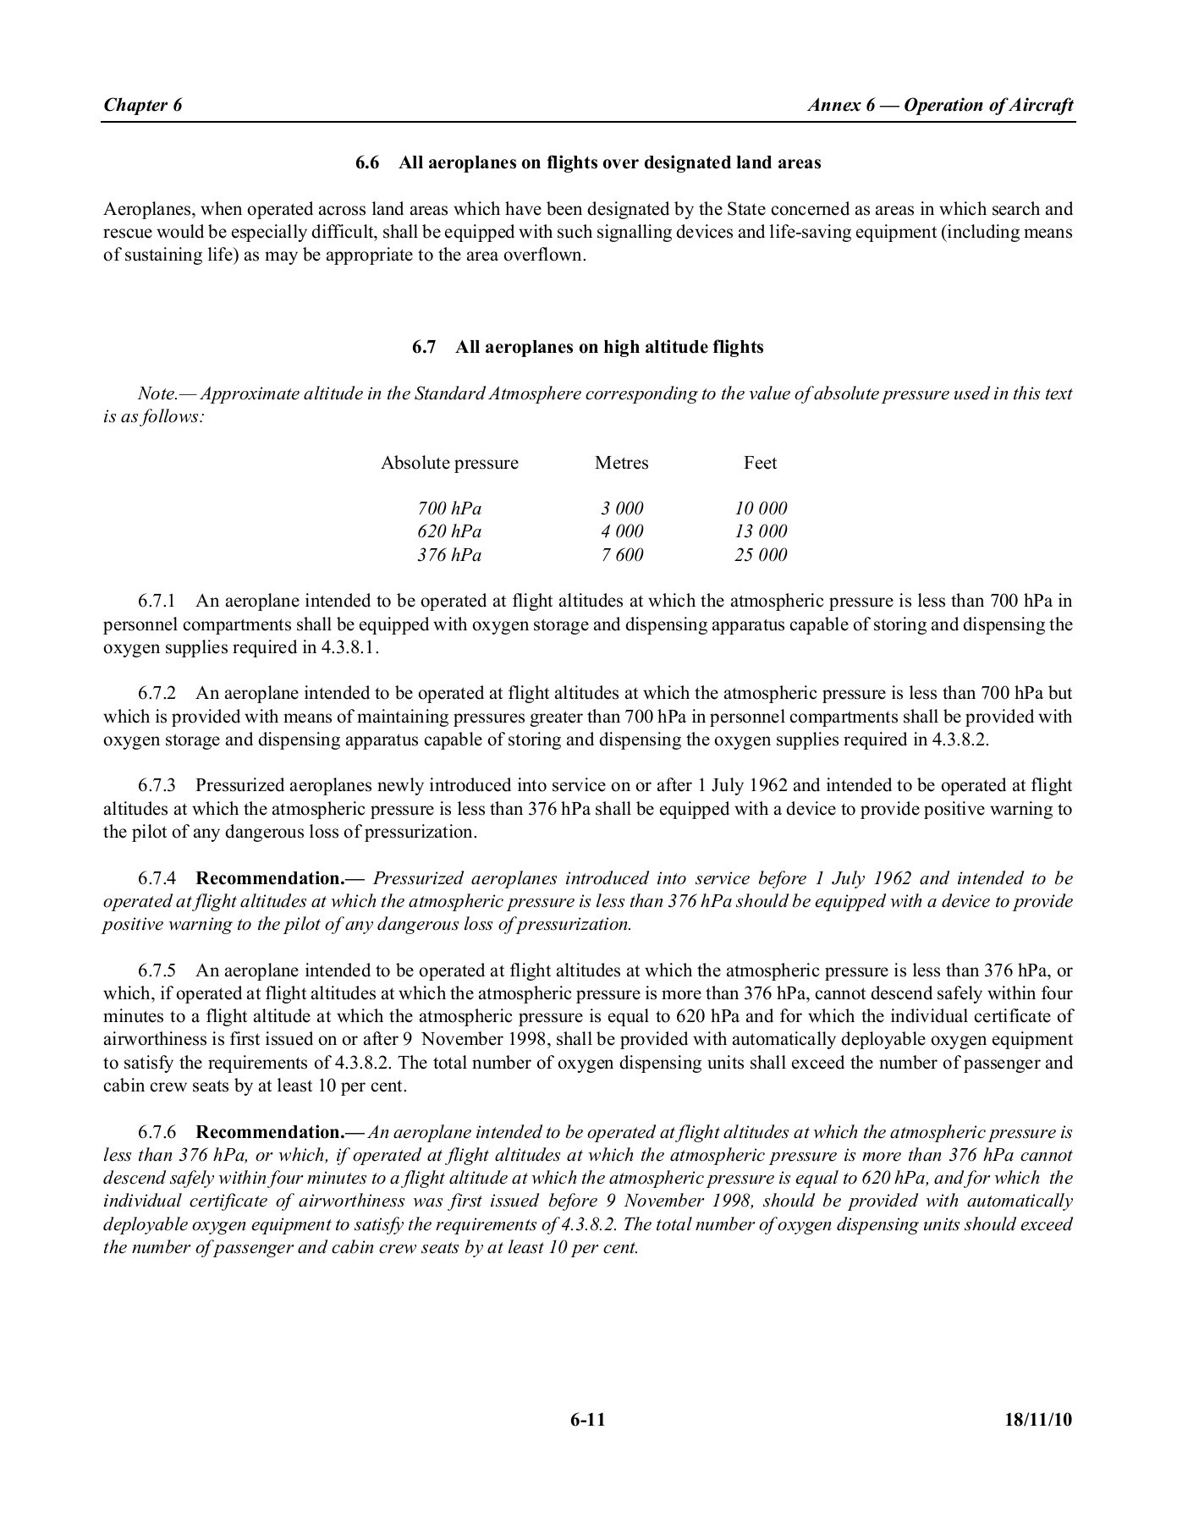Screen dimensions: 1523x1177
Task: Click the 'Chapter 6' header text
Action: pyautogui.click(x=142, y=105)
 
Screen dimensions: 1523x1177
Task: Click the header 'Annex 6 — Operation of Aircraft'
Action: pyautogui.click(x=940, y=105)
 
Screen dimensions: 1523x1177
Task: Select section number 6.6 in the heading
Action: pyautogui.click(x=366, y=162)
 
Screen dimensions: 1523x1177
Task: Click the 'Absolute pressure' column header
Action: pyautogui.click(x=449, y=463)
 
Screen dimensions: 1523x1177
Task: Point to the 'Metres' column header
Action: pyautogui.click(x=621, y=463)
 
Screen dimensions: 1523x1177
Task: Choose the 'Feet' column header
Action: pyautogui.click(x=760, y=463)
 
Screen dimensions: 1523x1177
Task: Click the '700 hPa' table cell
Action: pyautogui.click(x=449, y=509)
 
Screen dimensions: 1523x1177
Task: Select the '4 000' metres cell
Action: pyautogui.click(x=622, y=531)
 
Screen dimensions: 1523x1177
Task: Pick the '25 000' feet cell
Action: pyautogui.click(x=761, y=555)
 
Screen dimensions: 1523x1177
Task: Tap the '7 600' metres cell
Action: pyautogui.click(x=622, y=555)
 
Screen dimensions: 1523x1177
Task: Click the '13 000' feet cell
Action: pyautogui.click(x=761, y=531)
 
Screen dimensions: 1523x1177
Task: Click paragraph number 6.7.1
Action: pyautogui.click(x=157, y=602)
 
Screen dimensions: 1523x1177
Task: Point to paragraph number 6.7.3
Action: pyautogui.click(x=157, y=785)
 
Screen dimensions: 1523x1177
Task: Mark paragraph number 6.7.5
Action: pyautogui.click(x=157, y=970)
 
